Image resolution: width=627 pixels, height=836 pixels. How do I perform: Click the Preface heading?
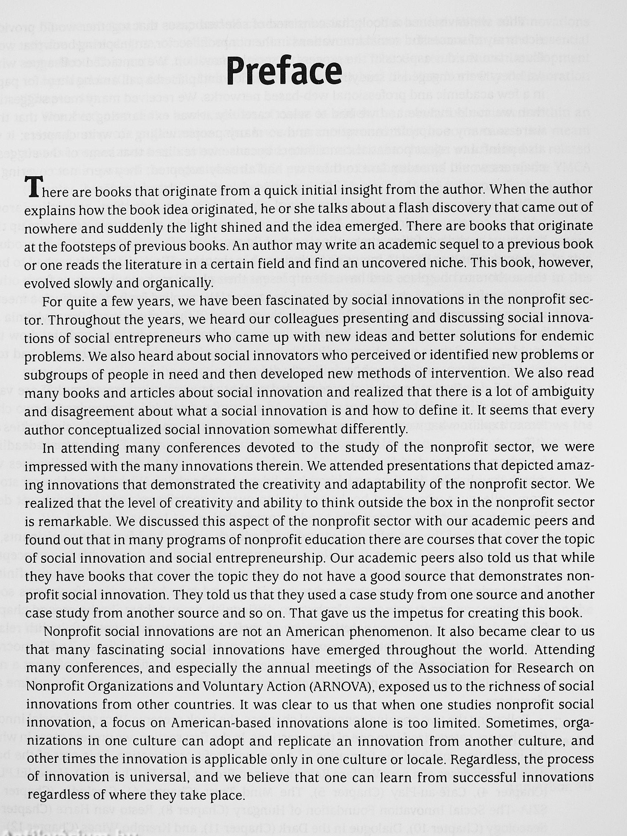click(284, 71)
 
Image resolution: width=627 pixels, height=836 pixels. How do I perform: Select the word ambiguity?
click(561, 392)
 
